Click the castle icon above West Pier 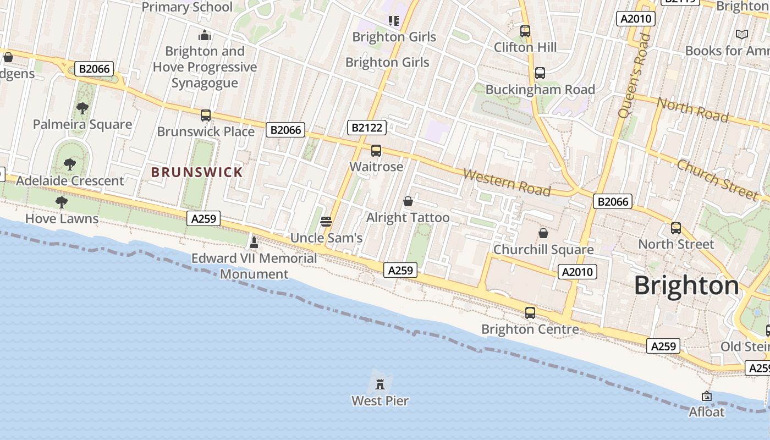(x=380, y=383)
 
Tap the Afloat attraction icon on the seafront (x=707, y=396)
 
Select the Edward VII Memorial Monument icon (x=254, y=242)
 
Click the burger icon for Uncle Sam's (x=326, y=222)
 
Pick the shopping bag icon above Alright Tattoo (x=408, y=202)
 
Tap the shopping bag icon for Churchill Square (x=543, y=233)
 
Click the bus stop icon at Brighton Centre (x=530, y=313)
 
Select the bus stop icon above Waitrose (x=376, y=151)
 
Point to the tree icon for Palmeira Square (x=82, y=108)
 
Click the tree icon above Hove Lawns (x=62, y=202)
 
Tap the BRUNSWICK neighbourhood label (x=197, y=172)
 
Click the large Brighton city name (x=686, y=285)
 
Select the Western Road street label (x=507, y=182)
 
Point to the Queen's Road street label (x=634, y=75)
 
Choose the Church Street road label (x=717, y=179)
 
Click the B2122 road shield (x=367, y=128)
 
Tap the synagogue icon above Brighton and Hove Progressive (x=205, y=36)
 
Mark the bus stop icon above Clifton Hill (x=525, y=31)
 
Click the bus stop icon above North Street (x=676, y=228)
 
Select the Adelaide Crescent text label (x=70, y=181)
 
